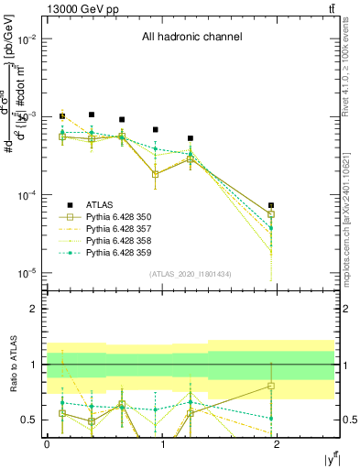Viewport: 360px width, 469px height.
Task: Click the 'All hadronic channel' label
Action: click(191, 38)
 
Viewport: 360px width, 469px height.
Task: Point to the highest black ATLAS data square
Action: click(92, 115)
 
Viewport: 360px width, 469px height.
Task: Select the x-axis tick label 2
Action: click(278, 444)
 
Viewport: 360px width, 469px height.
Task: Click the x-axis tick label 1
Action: click(162, 444)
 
